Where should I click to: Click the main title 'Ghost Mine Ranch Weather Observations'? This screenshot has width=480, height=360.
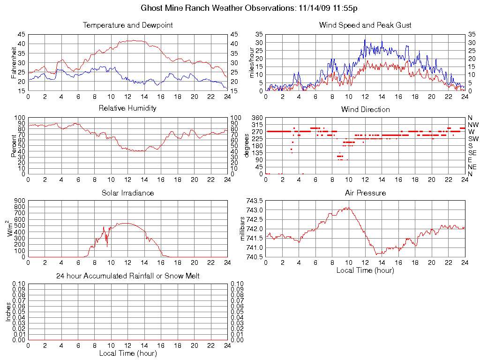pyautogui.click(x=218, y=8)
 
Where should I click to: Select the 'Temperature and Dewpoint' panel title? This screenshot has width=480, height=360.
pyautogui.click(x=127, y=25)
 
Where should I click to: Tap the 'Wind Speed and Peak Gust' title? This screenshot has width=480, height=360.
pyautogui.click(x=365, y=25)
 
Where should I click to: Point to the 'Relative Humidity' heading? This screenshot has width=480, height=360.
pyautogui.click(x=127, y=108)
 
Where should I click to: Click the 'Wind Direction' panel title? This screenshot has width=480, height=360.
pyautogui.click(x=365, y=110)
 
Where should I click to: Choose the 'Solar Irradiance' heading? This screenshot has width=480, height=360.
pyautogui.click(x=127, y=193)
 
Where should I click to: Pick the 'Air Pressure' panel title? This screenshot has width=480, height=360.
pyautogui.click(x=365, y=193)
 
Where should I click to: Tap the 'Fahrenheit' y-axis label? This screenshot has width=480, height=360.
pyautogui.click(x=14, y=62)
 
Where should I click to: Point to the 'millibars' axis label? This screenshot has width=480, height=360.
pyautogui.click(x=242, y=228)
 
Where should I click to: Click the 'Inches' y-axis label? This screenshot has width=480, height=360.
pyautogui.click(x=8, y=312)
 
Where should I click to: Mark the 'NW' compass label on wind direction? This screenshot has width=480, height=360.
pyautogui.click(x=472, y=125)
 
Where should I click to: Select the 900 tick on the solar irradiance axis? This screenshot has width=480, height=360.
pyautogui.click(x=19, y=201)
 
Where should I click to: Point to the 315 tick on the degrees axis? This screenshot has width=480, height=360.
pyautogui.click(x=257, y=125)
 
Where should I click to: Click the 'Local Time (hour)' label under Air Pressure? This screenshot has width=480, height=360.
pyautogui.click(x=365, y=270)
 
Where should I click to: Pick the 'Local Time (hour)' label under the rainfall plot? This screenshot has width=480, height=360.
pyautogui.click(x=127, y=353)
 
